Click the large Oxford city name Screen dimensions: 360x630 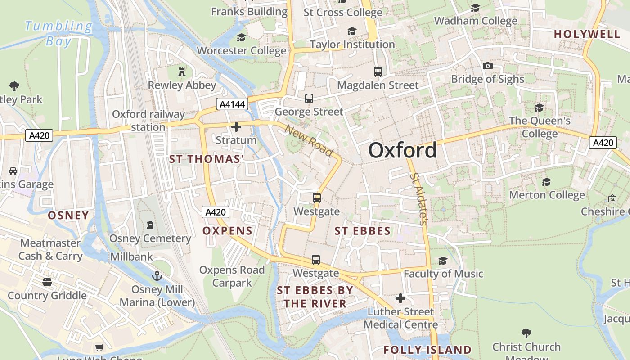coord(402,150)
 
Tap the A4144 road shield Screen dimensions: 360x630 coord(232,104)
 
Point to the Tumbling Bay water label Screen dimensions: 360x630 coord(58,34)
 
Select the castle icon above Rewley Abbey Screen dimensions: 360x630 coord(182,72)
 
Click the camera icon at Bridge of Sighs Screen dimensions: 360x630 coord(487,66)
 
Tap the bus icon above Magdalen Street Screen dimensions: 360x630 coord(378,72)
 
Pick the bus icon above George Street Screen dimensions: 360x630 coord(309,98)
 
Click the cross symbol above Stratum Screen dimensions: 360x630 coord(236,127)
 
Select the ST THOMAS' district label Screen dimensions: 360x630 coord(206,159)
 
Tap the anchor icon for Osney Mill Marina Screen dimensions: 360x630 coord(157,275)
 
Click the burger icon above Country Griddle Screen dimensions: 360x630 coord(47,282)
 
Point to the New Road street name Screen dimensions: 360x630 coord(309,141)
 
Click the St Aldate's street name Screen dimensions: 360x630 coord(418,198)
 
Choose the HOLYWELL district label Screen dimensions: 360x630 coord(587,34)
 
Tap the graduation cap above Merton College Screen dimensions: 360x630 coord(547,182)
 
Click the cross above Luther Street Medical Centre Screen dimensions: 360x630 coord(400,298)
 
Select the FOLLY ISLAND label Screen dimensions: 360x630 coord(427,350)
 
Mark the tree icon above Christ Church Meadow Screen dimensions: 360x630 coord(526,333)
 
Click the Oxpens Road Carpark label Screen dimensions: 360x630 coord(232,276)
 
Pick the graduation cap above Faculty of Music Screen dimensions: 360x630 coord(443,261)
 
